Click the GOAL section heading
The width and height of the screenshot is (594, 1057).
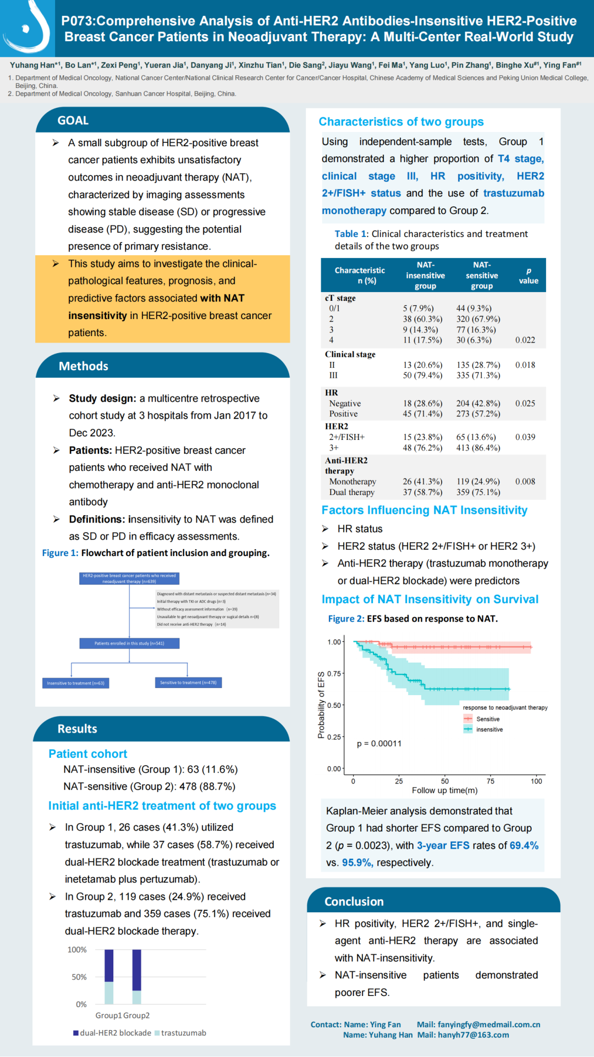click(73, 120)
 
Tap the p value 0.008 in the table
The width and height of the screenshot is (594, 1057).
click(525, 482)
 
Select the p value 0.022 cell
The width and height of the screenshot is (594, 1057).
click(525, 340)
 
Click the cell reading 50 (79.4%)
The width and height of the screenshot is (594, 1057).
click(422, 376)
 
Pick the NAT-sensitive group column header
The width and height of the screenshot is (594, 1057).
click(482, 276)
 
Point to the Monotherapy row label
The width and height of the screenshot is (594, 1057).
click(353, 482)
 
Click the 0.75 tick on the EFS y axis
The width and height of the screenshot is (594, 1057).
click(334, 674)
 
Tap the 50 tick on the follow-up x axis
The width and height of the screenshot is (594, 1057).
click(444, 781)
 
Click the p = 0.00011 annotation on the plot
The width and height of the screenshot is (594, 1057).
click(379, 744)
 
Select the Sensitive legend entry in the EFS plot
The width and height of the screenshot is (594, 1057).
click(487, 719)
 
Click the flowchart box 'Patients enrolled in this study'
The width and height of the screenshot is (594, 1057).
click(129, 643)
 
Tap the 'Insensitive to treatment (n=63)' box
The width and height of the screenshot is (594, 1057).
click(75, 683)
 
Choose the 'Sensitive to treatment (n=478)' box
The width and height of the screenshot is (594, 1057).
click(188, 682)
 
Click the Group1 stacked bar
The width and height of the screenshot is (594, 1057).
click(109, 977)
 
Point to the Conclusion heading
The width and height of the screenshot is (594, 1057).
click(354, 902)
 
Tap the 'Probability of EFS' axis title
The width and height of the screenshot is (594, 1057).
click(321, 705)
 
